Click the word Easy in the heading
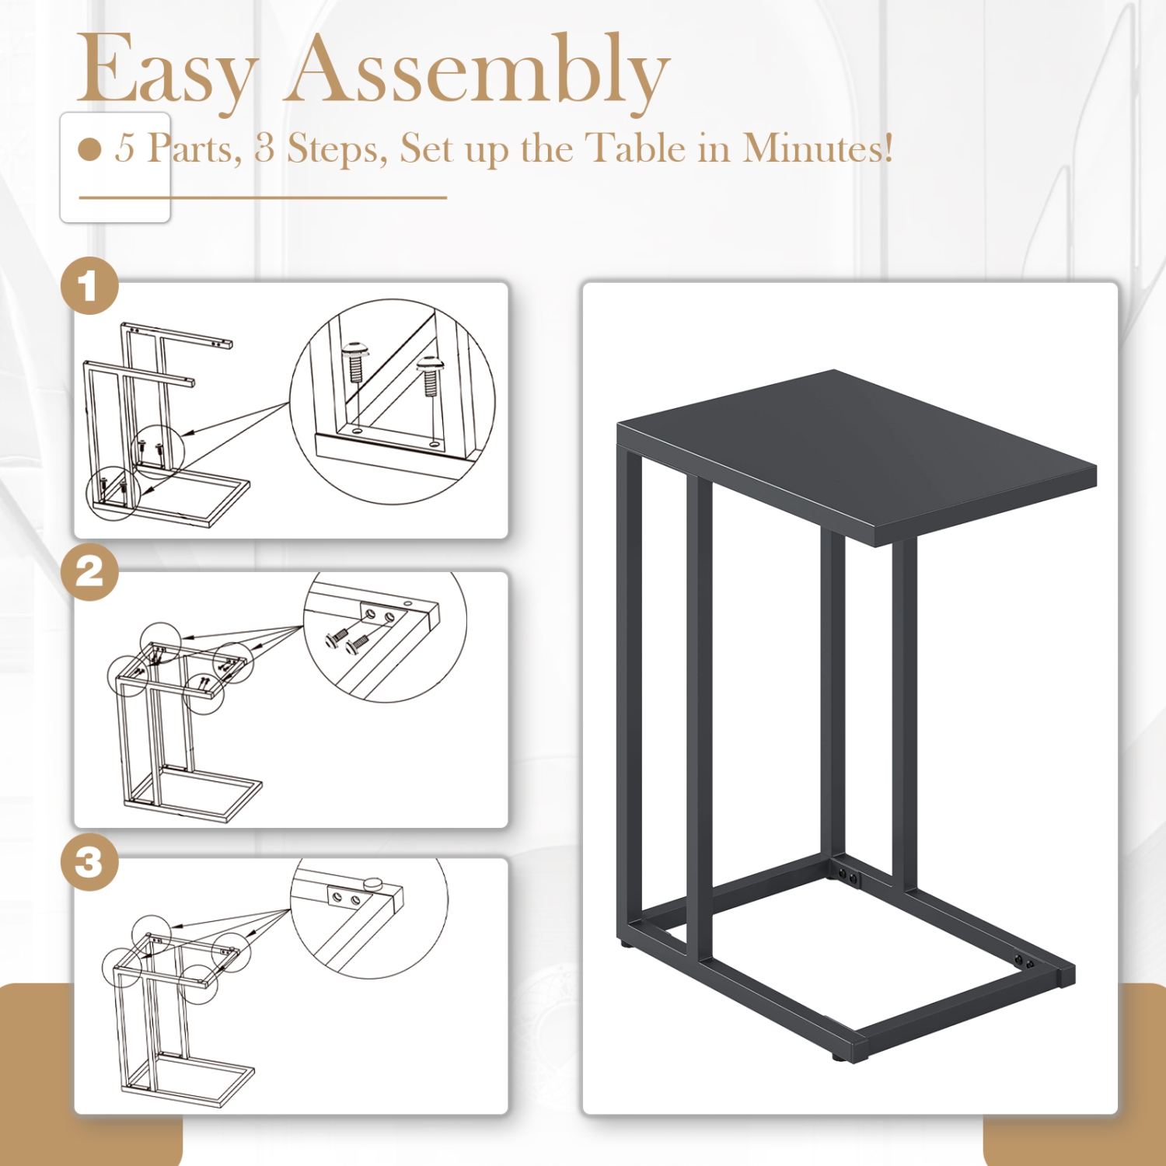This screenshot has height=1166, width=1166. click(x=166, y=72)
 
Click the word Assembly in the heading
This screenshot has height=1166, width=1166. click(x=476, y=72)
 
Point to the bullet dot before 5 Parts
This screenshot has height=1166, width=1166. click(x=90, y=149)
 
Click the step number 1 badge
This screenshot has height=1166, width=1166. click(x=89, y=286)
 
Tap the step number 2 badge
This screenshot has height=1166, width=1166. click(x=89, y=574)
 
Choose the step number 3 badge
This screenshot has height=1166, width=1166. click(x=89, y=862)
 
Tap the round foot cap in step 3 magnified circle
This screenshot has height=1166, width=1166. click(x=375, y=884)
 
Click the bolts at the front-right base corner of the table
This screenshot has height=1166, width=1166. click(x=1025, y=962)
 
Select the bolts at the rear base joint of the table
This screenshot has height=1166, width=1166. click(x=847, y=876)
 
